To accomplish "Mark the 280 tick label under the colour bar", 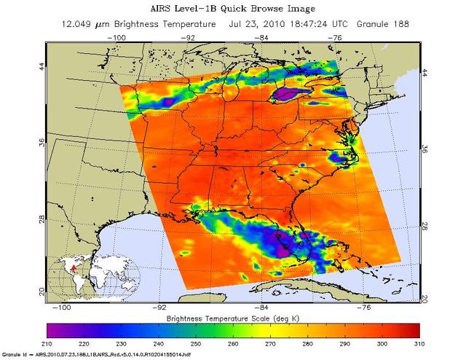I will point(308,343).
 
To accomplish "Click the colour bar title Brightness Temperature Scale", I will point(233,319).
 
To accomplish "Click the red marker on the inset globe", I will point(71,269).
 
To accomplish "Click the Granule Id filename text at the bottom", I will point(90,355).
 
